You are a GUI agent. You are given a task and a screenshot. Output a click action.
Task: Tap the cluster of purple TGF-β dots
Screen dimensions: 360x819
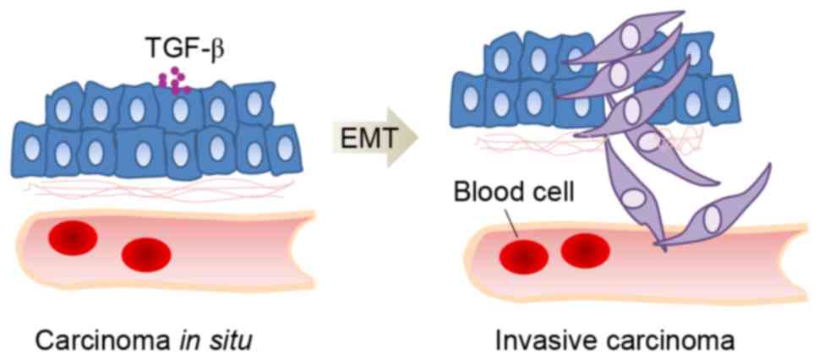click(x=173, y=80)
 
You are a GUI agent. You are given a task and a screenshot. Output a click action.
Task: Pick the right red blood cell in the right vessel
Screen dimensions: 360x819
click(x=585, y=249)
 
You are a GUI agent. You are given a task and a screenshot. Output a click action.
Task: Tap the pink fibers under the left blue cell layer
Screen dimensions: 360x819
click(x=152, y=188)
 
